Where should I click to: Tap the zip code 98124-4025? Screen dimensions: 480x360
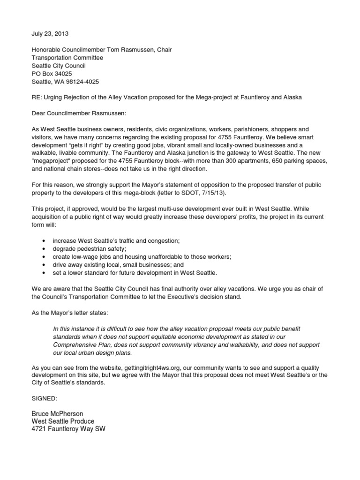pos(82,82)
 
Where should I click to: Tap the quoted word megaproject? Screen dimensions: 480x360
pos(52,161)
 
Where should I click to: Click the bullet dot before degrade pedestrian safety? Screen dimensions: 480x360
pos(44,248)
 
